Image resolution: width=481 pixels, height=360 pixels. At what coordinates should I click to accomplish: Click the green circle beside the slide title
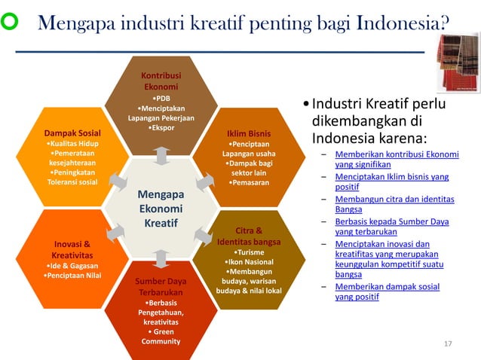[14, 24]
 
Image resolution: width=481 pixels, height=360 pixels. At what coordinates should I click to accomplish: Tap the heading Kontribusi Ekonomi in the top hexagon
[161, 81]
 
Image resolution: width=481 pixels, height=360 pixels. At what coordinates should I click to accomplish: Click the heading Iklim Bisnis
[248, 135]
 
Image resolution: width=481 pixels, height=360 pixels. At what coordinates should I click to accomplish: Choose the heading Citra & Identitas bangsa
[249, 236]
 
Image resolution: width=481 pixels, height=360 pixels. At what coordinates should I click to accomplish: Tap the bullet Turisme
[249, 252]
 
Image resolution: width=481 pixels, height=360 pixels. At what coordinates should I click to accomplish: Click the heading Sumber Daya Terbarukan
[161, 287]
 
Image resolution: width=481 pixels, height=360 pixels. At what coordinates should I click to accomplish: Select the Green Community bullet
[161, 336]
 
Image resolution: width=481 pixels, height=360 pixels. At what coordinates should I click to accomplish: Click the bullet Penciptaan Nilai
[73, 276]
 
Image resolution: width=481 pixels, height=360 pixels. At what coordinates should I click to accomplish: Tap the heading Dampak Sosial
[73, 134]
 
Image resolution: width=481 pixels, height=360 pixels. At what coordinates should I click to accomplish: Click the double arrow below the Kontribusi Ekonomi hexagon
[162, 155]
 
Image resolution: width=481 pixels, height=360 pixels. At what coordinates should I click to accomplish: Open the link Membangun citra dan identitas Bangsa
[394, 204]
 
